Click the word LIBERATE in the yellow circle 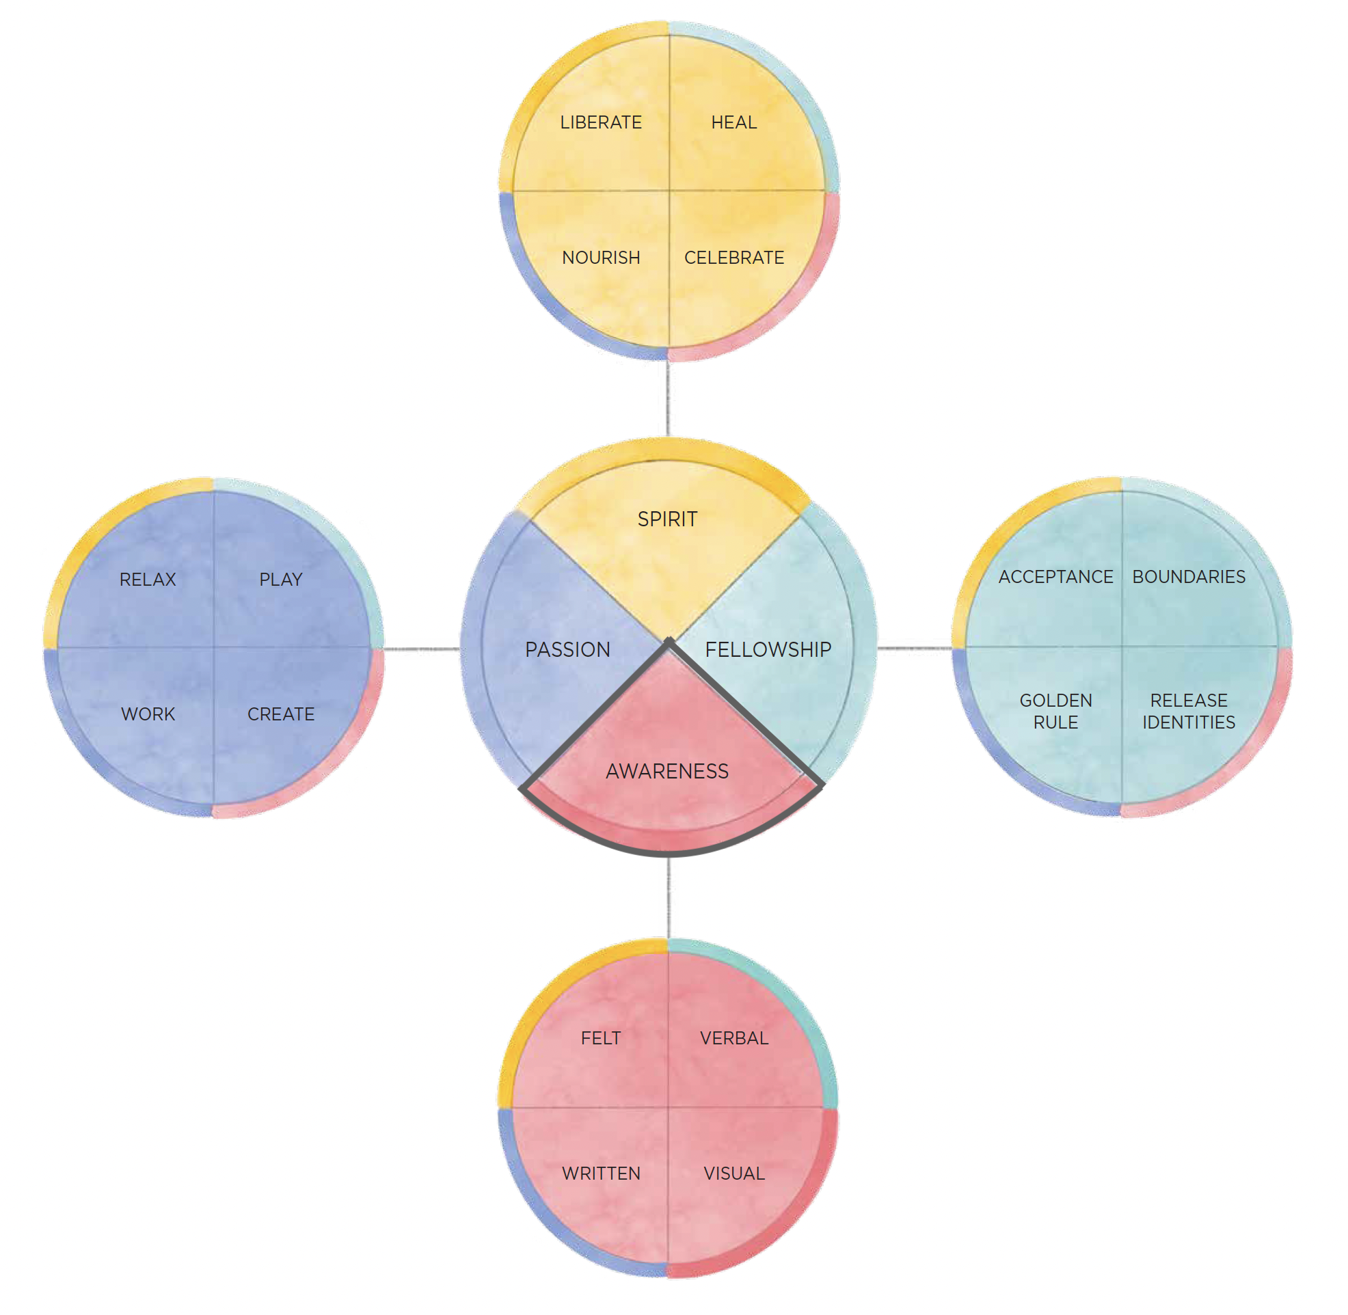(x=601, y=123)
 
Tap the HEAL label (x=734, y=123)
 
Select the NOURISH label (x=601, y=258)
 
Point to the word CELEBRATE (x=734, y=258)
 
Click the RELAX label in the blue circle (x=148, y=580)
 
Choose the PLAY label (x=281, y=580)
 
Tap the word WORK (x=148, y=715)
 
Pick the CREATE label (x=281, y=715)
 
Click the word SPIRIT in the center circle (x=667, y=519)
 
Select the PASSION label (x=567, y=650)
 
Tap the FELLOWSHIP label (x=768, y=650)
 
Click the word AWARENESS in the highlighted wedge (x=667, y=772)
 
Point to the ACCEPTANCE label (x=1056, y=578)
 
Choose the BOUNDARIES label (x=1189, y=578)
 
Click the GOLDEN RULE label (x=1056, y=712)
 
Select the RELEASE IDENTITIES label (x=1189, y=712)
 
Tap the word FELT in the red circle (x=601, y=1039)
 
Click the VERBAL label (x=734, y=1039)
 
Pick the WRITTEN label (x=601, y=1174)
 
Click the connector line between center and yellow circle (x=668, y=398)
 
